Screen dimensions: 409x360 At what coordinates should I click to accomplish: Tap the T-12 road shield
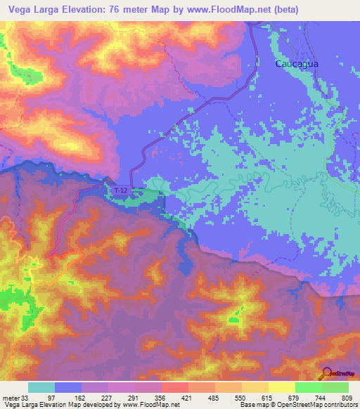click(x=121, y=190)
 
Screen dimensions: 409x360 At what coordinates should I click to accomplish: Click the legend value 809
click(x=349, y=398)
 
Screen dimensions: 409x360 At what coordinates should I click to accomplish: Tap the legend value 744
click(x=322, y=398)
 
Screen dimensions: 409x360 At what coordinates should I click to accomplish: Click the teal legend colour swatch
click(x=41, y=387)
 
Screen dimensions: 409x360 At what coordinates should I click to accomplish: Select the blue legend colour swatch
click(x=68, y=387)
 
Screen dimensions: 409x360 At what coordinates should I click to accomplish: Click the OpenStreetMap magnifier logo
click(x=326, y=374)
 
